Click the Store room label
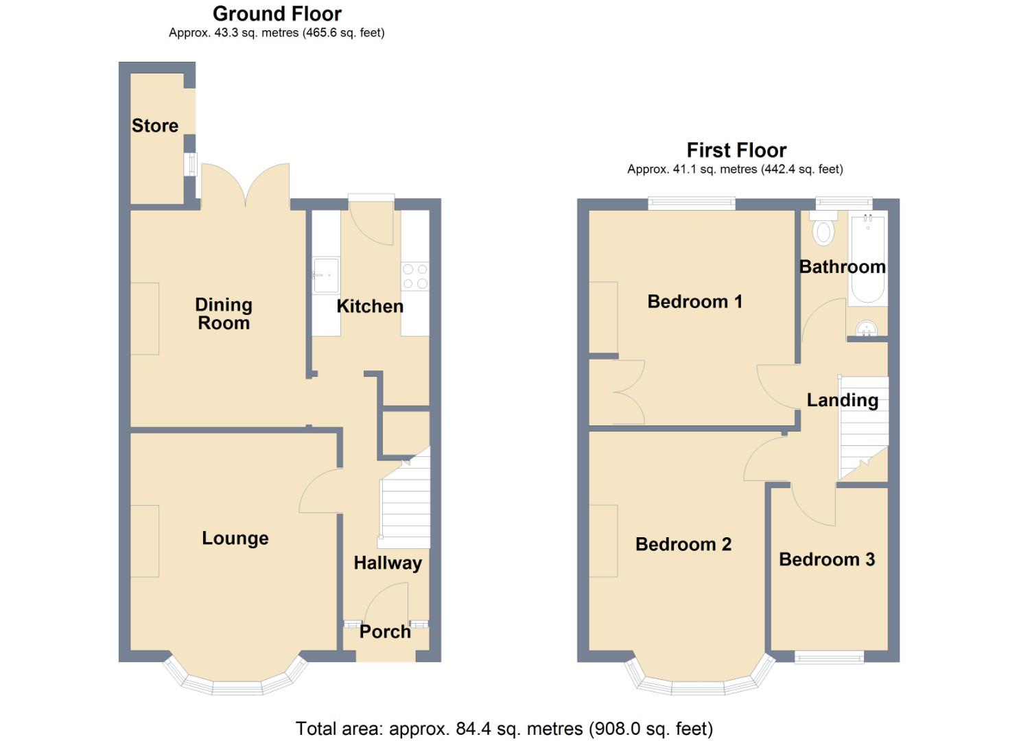tap(155, 126)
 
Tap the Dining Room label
tap(224, 314)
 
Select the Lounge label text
tap(235, 539)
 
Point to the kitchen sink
tap(326, 276)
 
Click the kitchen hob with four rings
tap(415, 277)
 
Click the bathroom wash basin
tap(866, 330)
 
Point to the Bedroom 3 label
tap(827, 560)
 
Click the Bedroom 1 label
tap(694, 302)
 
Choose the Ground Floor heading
tap(277, 14)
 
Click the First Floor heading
tap(736, 150)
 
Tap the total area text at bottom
tap(504, 729)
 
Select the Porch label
tap(385, 632)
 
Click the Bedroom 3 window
tap(829, 657)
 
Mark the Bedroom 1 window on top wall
tap(692, 203)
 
